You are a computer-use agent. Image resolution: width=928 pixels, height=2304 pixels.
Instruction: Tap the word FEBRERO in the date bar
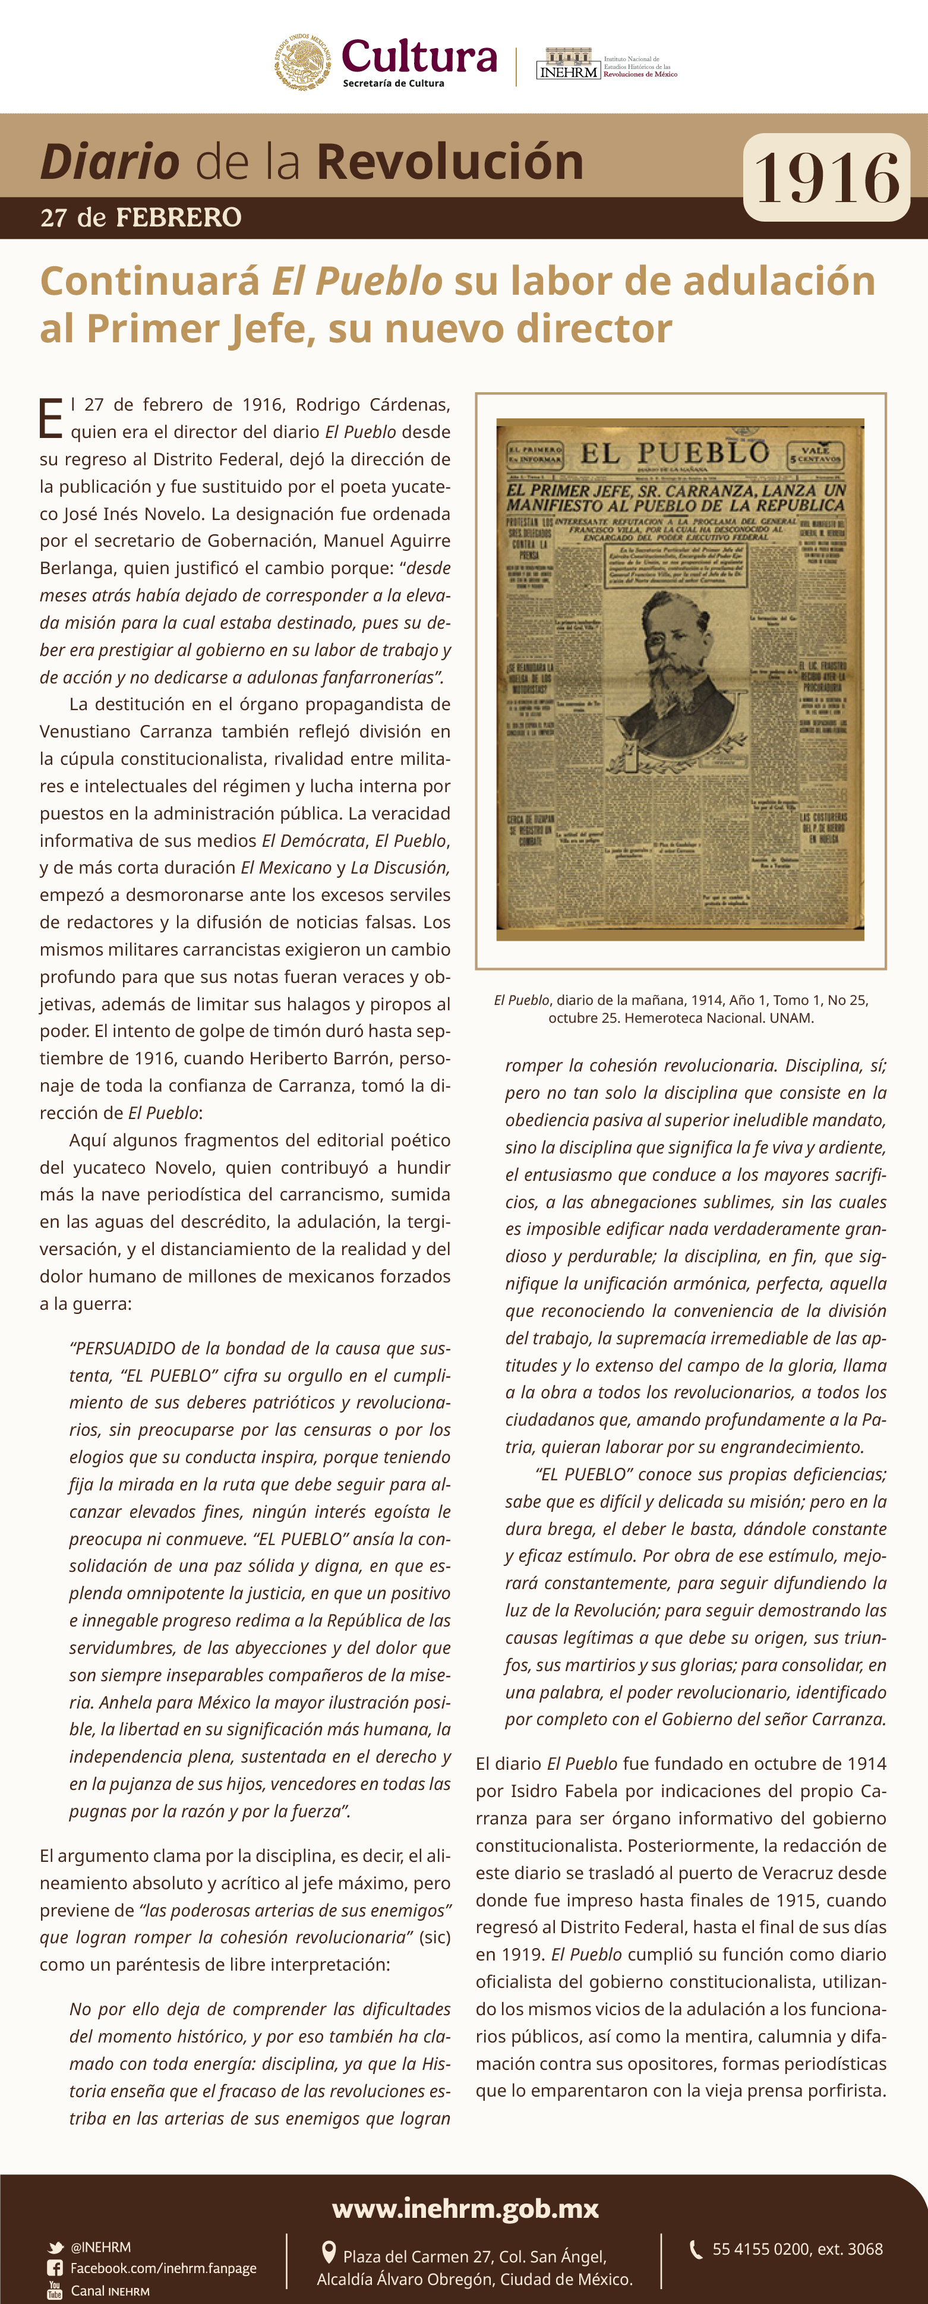coord(179,218)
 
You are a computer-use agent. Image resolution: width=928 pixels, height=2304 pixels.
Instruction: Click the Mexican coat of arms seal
coord(302,62)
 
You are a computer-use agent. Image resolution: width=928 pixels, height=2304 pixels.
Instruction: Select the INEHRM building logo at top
coord(568,64)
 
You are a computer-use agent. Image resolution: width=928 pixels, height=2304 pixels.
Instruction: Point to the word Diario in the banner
coord(110,161)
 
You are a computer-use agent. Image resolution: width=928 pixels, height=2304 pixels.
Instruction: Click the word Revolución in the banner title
coord(450,161)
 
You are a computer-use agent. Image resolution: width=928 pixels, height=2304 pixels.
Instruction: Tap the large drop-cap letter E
coord(51,418)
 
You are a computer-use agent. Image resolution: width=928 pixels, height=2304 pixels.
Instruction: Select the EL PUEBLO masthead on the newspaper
coord(674,453)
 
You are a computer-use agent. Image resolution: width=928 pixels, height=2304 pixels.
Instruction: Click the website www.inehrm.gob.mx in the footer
coord(465,2208)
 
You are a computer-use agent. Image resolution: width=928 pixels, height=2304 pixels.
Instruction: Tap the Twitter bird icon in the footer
coord(55,2248)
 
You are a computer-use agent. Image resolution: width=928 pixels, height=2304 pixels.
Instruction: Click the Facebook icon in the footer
coord(55,2268)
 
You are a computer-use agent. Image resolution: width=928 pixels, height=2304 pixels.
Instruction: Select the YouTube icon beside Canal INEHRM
coord(55,2290)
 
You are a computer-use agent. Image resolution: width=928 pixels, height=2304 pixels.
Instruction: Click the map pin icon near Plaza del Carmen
coord(328,2252)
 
